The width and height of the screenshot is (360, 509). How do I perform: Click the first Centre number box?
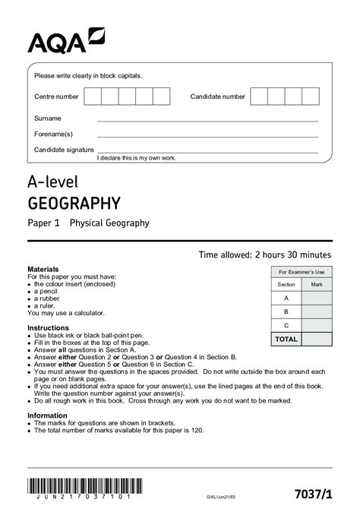coord(93,96)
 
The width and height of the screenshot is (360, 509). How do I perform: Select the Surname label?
coord(47,119)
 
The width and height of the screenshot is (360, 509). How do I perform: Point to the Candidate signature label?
coord(64,150)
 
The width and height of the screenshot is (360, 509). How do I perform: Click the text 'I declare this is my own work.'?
coord(137,157)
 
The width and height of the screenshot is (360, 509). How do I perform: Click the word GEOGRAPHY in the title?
coord(74,203)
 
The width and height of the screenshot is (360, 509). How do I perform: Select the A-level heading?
coord(54,182)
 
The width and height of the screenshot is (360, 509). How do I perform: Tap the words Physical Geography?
coord(109,223)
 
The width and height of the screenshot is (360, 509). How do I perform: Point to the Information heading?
coord(47,416)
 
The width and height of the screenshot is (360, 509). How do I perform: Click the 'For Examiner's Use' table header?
coord(301,272)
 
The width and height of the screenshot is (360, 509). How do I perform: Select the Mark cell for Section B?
coord(317,311)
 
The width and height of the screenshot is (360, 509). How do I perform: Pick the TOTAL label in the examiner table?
coord(286,339)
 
